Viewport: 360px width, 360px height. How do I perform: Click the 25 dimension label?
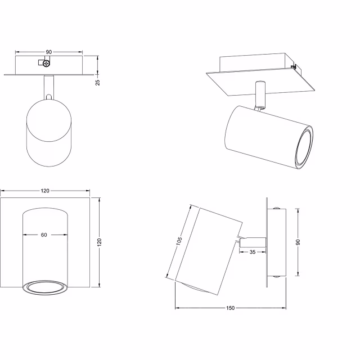[x=98, y=82]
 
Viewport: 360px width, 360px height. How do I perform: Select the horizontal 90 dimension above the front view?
[x=49, y=52]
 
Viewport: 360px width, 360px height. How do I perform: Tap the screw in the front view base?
[x=46, y=64]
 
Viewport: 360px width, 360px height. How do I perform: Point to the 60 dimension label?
[x=44, y=235]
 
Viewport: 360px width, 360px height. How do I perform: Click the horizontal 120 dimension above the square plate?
[x=45, y=191]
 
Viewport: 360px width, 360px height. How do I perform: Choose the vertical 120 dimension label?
[x=99, y=242]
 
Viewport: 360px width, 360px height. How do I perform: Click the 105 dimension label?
[x=178, y=242]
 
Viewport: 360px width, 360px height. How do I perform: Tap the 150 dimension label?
[x=231, y=308]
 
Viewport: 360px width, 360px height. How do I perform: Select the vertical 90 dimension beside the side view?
[x=298, y=242]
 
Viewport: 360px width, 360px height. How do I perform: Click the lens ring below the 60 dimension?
[x=44, y=287]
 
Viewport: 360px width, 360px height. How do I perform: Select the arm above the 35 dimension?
[x=250, y=241]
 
